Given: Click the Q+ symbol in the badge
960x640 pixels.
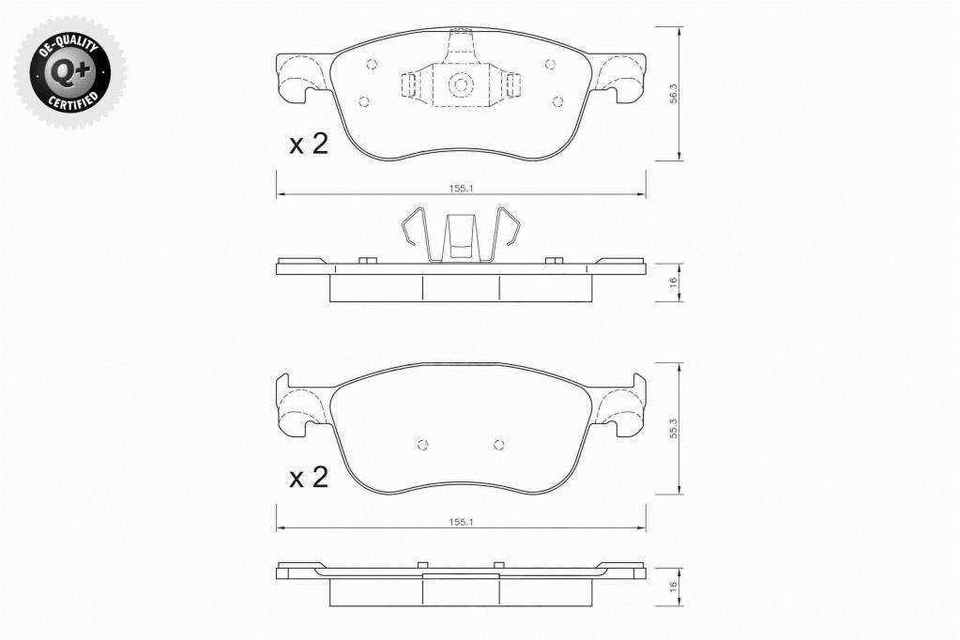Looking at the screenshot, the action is coord(69,73).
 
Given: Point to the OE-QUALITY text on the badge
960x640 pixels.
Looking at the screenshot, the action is coord(68,47).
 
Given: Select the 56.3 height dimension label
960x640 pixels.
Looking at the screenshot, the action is coord(673,95).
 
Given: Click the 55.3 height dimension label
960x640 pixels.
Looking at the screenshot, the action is coord(673,428).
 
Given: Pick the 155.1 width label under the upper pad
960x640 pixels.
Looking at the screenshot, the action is coord(461,189).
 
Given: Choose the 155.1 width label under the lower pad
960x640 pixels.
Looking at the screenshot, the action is coord(461,522).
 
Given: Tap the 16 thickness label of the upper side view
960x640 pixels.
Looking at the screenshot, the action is coord(673,282).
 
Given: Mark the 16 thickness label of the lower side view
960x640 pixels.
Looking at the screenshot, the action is coord(673,587).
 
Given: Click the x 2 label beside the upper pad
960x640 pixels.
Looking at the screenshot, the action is coord(309,144).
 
